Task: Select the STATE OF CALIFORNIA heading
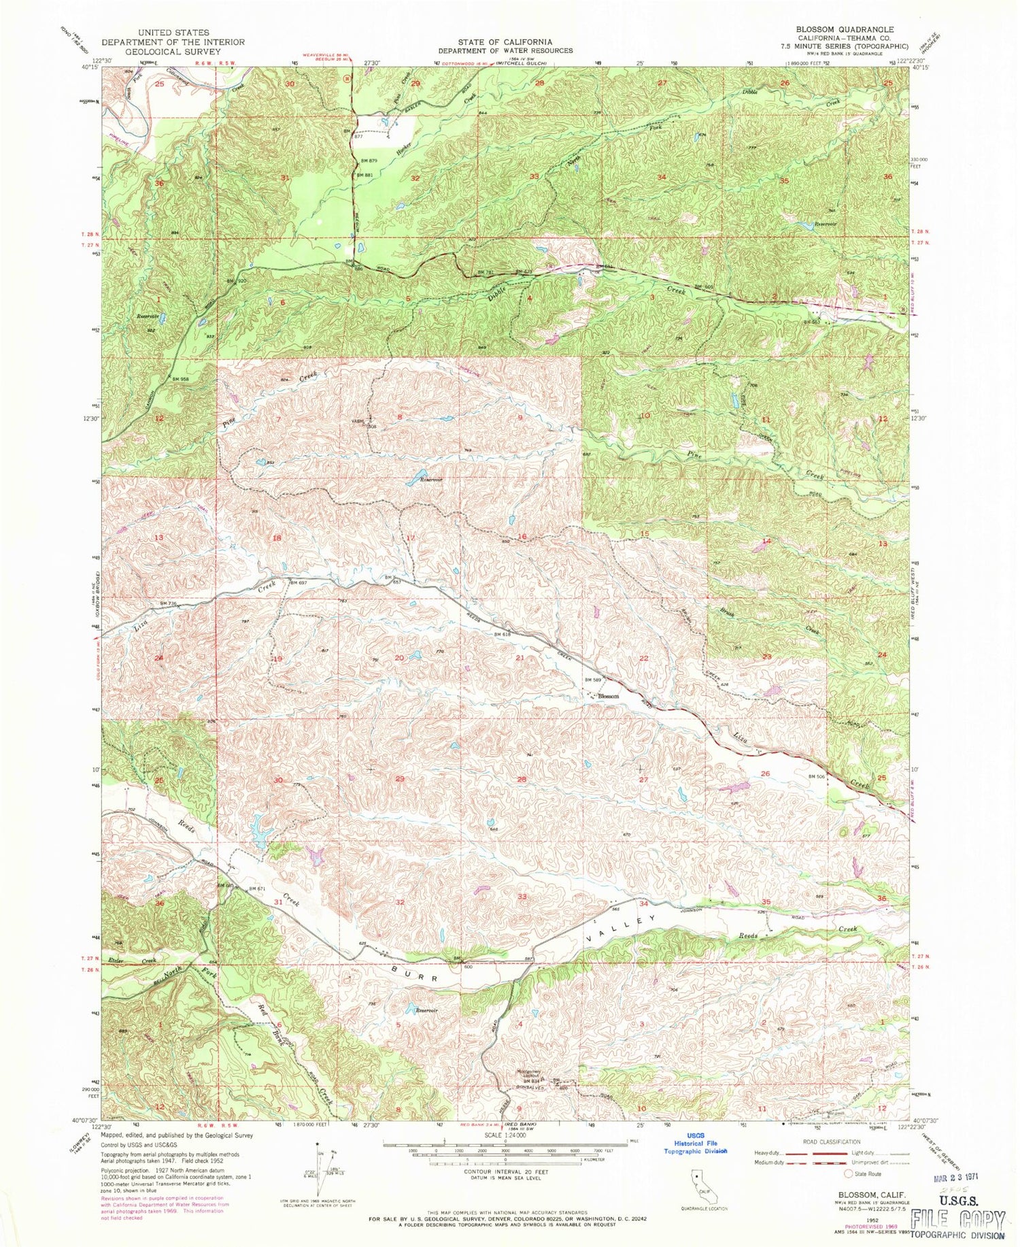(505, 42)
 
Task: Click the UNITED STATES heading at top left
(173, 33)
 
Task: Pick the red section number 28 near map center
(522, 780)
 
